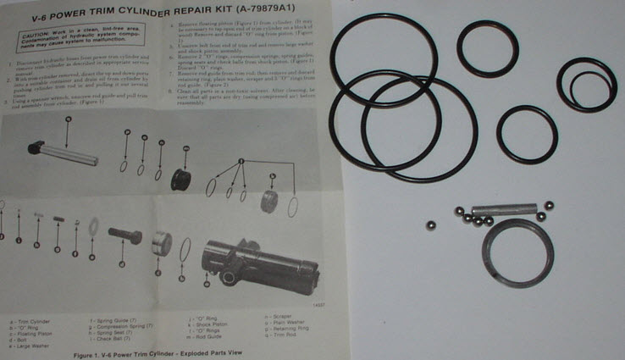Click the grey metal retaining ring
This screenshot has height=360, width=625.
pyautogui.click(x=511, y=252)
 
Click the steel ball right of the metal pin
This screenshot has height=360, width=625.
pyautogui.click(x=549, y=206)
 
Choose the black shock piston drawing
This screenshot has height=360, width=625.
pyautogui.click(x=181, y=180)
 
